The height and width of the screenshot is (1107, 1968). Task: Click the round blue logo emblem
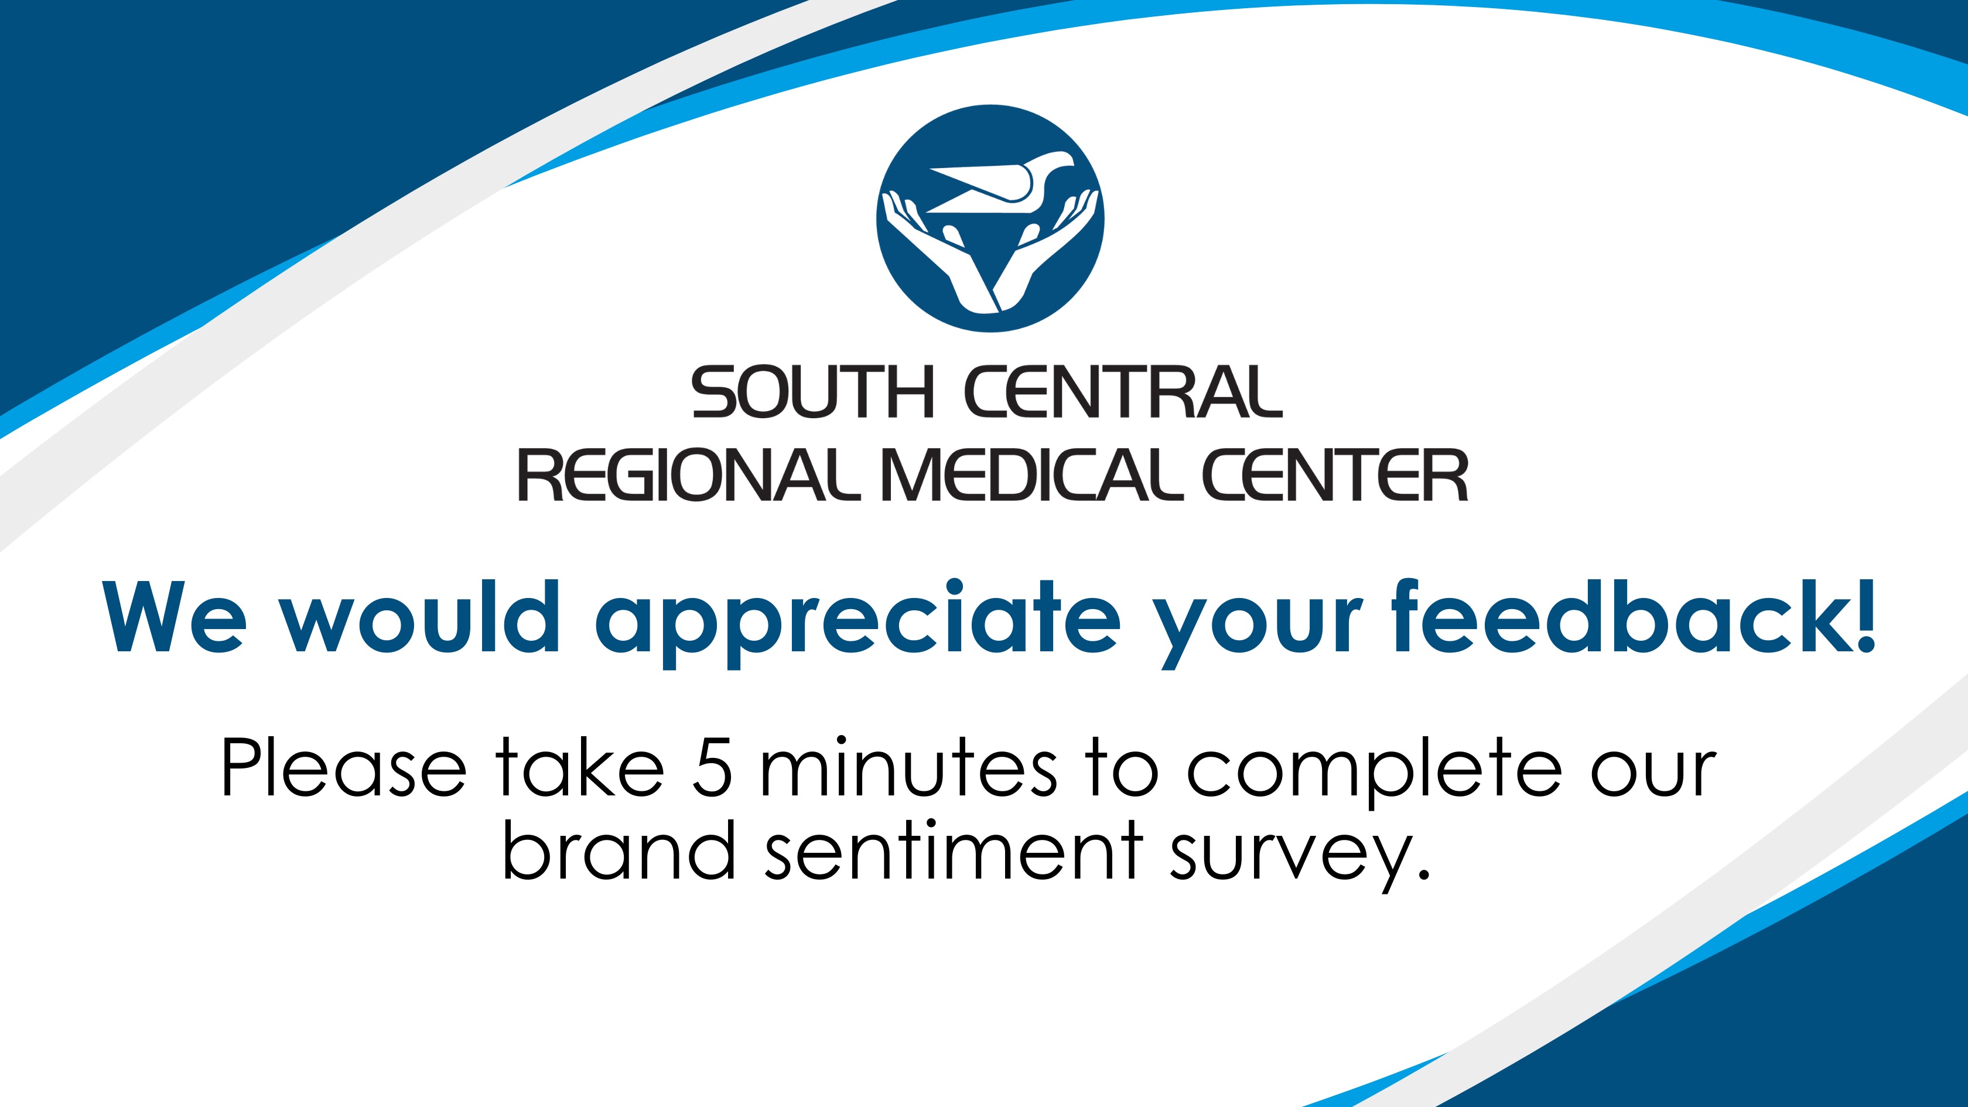990,218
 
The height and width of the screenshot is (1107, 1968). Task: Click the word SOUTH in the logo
812,392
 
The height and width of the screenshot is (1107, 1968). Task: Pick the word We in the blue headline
175,617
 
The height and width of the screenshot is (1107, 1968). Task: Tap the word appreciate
858,623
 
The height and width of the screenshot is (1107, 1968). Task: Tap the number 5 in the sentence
712,768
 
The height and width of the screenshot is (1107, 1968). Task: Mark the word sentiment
954,849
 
